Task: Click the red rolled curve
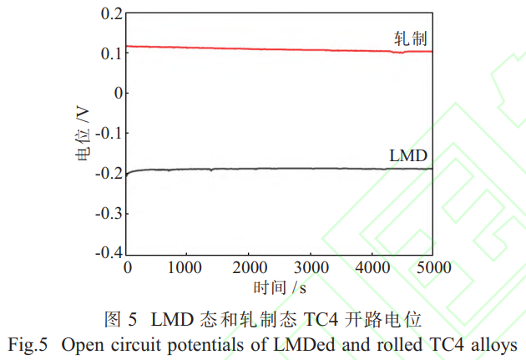(250, 48)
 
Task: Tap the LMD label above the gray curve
(408, 155)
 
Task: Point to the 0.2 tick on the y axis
(110, 13)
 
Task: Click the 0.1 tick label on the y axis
(110, 53)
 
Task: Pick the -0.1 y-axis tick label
(108, 133)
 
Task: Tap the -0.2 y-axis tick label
(108, 173)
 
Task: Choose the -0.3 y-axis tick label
(108, 213)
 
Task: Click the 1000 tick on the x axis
(188, 267)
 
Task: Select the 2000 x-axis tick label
(249, 267)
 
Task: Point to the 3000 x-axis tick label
(310, 267)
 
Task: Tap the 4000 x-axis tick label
(371, 267)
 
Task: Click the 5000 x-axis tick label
(432, 267)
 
